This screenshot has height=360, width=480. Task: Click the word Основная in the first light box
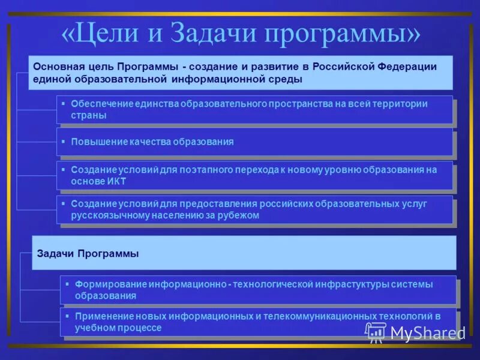[58, 66]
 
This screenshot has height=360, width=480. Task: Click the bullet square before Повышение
[64, 142]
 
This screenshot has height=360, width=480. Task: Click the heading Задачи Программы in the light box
[88, 253]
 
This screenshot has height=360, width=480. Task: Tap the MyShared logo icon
[376, 332]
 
